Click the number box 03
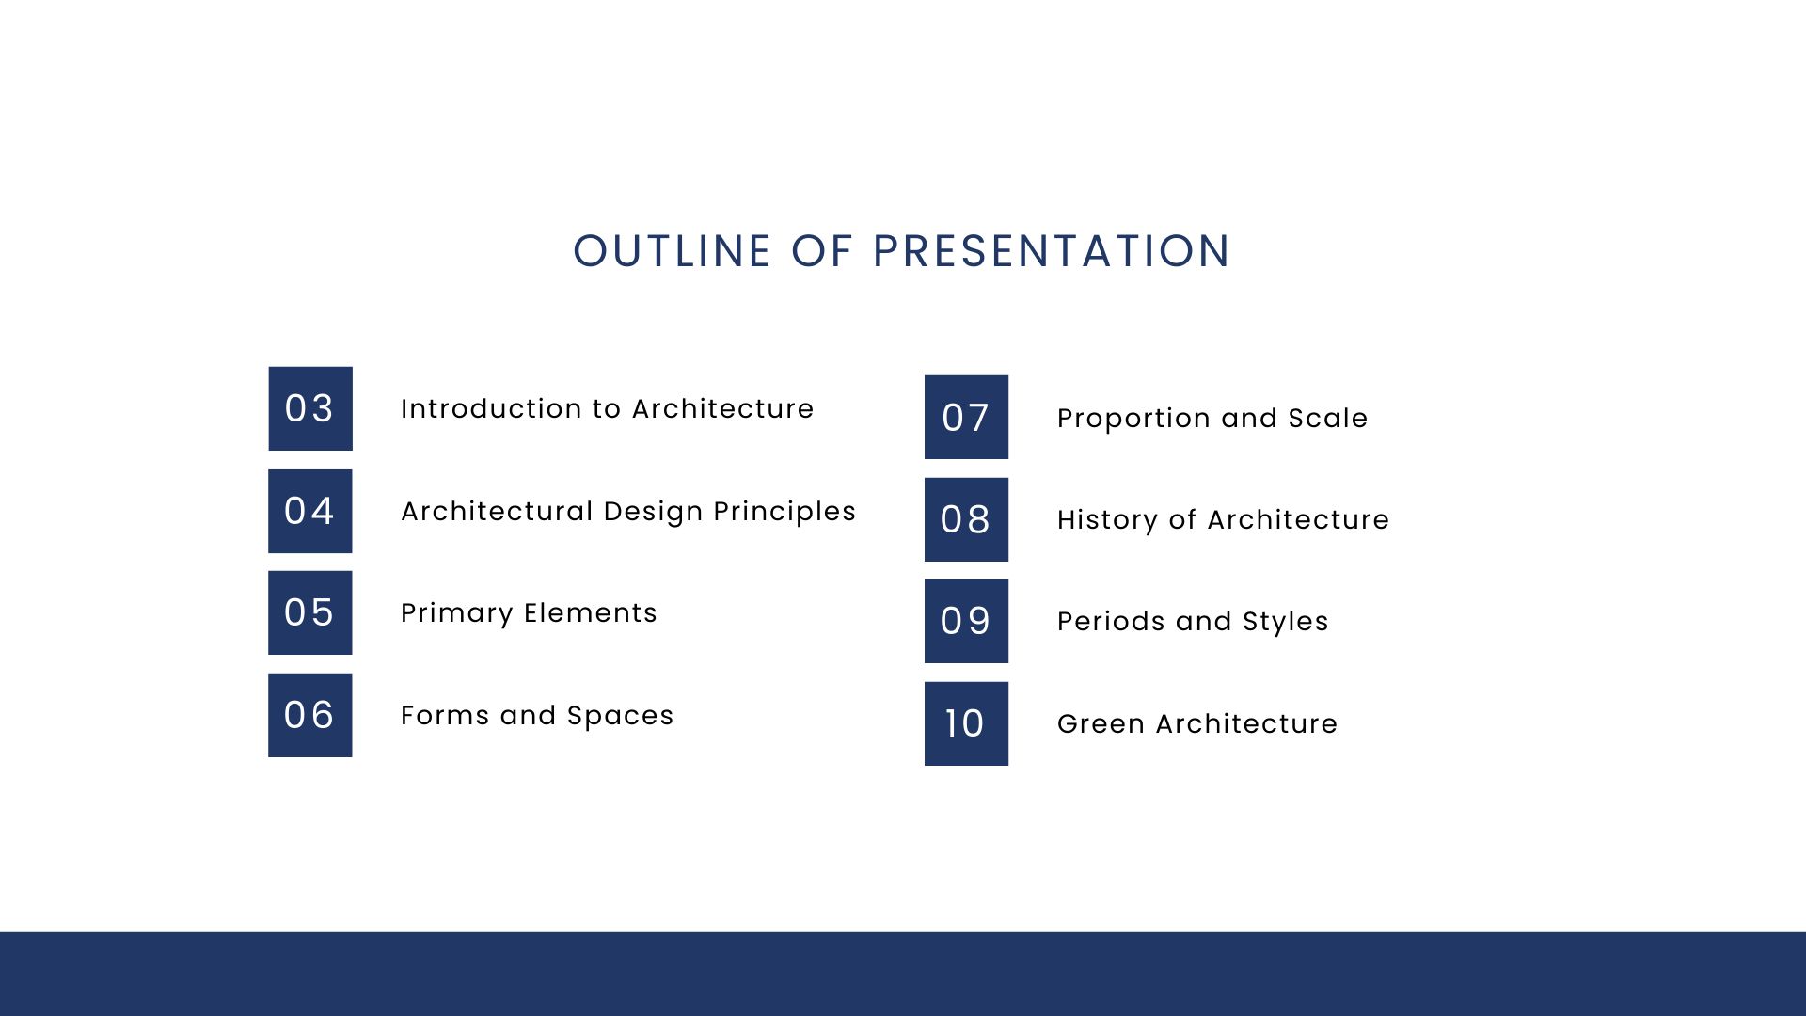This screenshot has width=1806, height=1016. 309,408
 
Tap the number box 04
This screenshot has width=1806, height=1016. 309,511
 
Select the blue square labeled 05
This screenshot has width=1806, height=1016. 309,612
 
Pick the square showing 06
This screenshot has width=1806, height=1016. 309,715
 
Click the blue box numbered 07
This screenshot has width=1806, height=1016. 966,417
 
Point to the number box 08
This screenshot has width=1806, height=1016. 966,519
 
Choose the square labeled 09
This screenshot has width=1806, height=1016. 966,621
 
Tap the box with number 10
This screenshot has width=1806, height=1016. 966,723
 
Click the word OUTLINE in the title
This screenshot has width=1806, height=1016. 673,251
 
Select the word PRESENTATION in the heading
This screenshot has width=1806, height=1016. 1051,251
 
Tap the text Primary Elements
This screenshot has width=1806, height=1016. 529,612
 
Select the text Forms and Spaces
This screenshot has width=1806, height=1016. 537,715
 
